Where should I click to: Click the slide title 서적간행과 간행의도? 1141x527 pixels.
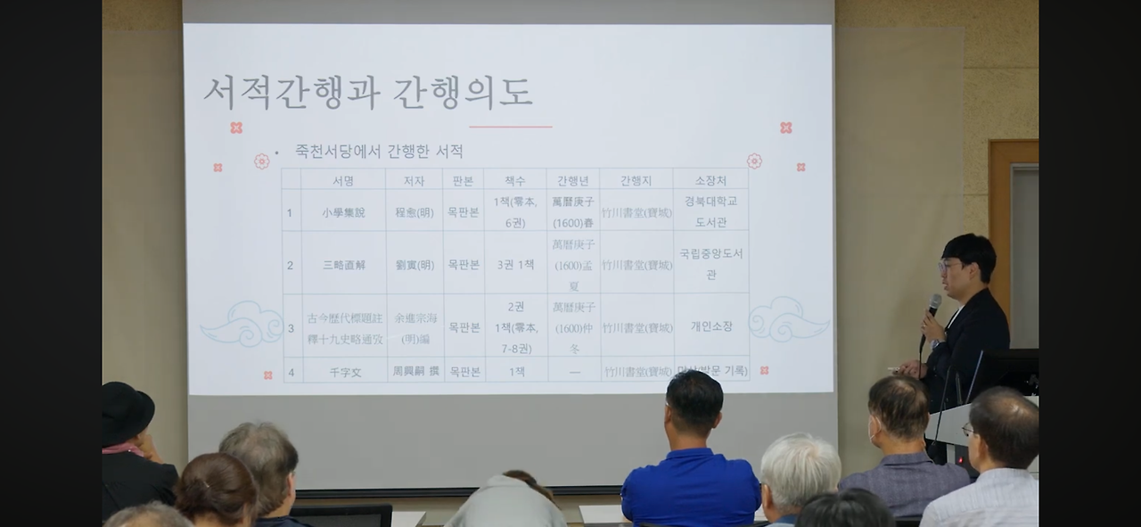[x=368, y=93]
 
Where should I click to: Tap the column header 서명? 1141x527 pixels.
[x=343, y=180]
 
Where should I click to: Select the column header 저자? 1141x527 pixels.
[x=414, y=180]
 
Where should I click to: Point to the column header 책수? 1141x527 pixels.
[x=515, y=180]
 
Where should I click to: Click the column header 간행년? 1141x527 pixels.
[x=572, y=180]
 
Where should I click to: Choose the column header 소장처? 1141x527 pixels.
[x=710, y=180]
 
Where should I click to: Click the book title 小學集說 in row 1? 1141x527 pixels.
[x=343, y=213]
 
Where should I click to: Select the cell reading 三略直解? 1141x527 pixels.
[x=343, y=265]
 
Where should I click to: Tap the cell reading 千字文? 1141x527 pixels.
[x=343, y=372]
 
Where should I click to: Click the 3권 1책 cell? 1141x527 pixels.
[x=515, y=265]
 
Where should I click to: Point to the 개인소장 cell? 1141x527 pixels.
[x=710, y=326]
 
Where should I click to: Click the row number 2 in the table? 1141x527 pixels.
[x=290, y=265]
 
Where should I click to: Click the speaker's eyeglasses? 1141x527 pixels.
[x=948, y=265]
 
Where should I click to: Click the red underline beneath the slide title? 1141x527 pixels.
[x=510, y=127]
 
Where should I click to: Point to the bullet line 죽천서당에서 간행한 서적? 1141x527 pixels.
[x=379, y=152]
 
